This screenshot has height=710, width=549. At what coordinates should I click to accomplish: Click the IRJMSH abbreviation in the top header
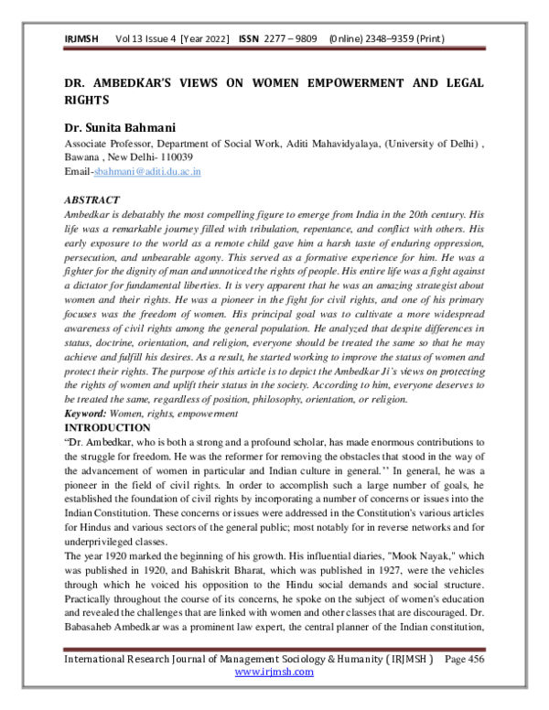click(x=81, y=40)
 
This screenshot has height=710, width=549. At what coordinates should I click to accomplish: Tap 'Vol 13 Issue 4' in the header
click(x=145, y=40)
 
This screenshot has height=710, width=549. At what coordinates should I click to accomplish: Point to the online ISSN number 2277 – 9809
click(x=291, y=40)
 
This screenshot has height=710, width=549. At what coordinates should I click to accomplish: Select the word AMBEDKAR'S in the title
click(x=127, y=81)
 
